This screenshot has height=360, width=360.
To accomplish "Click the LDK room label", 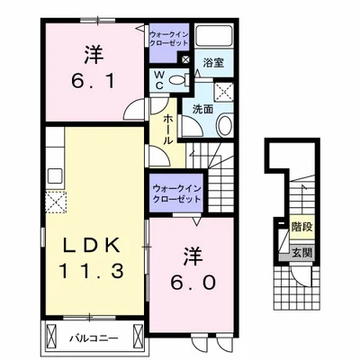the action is (91, 247).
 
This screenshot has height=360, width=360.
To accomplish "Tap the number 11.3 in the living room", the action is (91, 272).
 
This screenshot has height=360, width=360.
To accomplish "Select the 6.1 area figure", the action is (94, 80).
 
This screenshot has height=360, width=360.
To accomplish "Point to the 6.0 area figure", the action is (193, 282).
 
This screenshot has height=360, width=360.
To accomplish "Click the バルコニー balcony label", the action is (94, 339).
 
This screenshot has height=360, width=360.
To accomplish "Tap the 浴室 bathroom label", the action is (213, 63).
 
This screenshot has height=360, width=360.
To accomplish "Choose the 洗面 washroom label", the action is (202, 109).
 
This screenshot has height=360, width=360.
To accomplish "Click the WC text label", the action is (159, 80).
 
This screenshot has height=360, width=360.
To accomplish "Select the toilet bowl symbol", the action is (179, 80).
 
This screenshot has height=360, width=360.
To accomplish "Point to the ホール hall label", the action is (168, 130).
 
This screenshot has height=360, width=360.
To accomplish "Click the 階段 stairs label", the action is (302, 227).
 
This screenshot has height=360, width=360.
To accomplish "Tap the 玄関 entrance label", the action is (302, 253).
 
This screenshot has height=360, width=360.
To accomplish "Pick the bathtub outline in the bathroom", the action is (214, 36).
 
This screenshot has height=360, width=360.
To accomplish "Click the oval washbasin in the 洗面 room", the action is (226, 126).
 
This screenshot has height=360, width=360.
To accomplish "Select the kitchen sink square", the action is (55, 175).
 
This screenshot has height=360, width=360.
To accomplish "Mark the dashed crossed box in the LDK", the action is (56, 202).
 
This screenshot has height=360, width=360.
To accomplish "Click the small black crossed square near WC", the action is (186, 59).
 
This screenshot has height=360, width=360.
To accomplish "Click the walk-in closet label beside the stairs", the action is (176, 193).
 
